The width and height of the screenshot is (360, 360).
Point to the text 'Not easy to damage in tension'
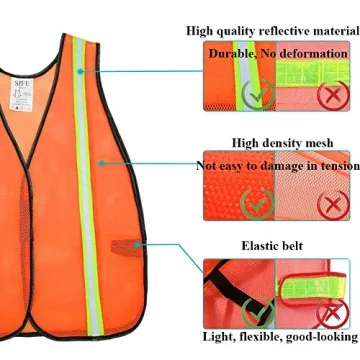[x=276, y=164]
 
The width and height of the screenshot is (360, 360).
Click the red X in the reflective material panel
[x=329, y=96]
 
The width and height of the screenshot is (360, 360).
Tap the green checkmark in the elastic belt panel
[x=258, y=313]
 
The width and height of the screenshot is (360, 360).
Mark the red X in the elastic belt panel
[x=328, y=314]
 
